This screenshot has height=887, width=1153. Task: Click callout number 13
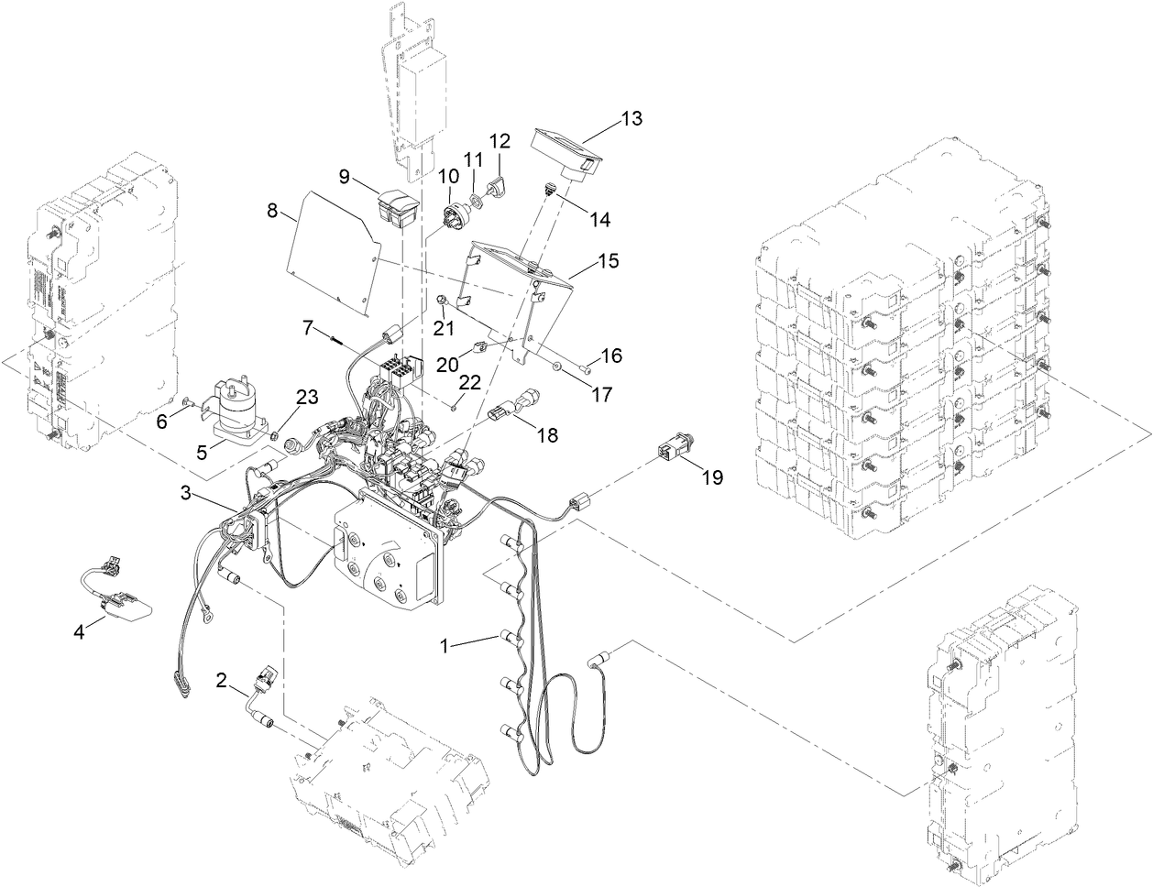coord(631,119)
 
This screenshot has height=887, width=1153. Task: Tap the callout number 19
coord(712,476)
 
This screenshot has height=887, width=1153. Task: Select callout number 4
coord(80,631)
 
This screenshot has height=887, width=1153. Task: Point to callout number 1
coord(445,645)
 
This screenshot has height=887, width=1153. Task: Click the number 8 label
coord(272,211)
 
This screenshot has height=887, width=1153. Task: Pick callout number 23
coord(307,397)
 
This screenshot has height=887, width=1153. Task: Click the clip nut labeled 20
coord(479,348)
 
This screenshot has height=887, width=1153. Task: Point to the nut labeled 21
coord(442,299)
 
